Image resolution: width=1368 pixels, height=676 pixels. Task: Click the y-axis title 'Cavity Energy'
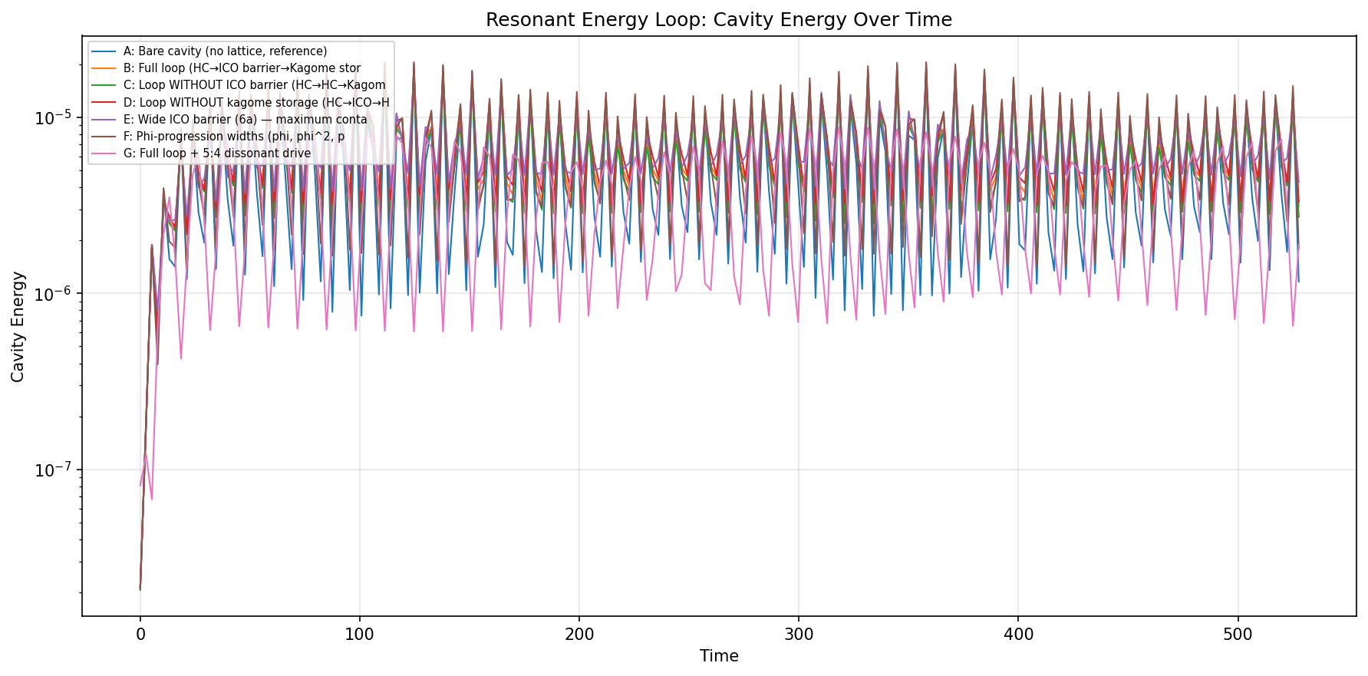coord(18,326)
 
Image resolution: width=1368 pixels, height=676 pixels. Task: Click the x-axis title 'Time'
coord(719,656)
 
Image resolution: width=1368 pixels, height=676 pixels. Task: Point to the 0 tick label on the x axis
coord(140,635)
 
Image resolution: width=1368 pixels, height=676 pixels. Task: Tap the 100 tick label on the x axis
coord(360,635)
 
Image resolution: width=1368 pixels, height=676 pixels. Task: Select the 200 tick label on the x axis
coord(579,635)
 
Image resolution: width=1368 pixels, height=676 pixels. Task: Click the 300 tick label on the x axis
coord(799,635)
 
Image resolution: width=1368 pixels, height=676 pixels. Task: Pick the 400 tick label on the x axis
coord(1018,635)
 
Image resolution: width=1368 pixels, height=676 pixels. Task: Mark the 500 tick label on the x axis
coord(1238,635)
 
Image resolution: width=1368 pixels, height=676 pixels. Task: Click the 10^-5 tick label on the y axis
coord(53,117)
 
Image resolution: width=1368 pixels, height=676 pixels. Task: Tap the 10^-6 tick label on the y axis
coord(53,294)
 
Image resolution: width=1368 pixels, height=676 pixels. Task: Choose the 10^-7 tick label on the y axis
coord(53,470)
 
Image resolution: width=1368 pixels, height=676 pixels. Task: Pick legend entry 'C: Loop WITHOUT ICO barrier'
coord(254,85)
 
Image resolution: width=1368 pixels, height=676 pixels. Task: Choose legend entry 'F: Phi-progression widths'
coord(233,137)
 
